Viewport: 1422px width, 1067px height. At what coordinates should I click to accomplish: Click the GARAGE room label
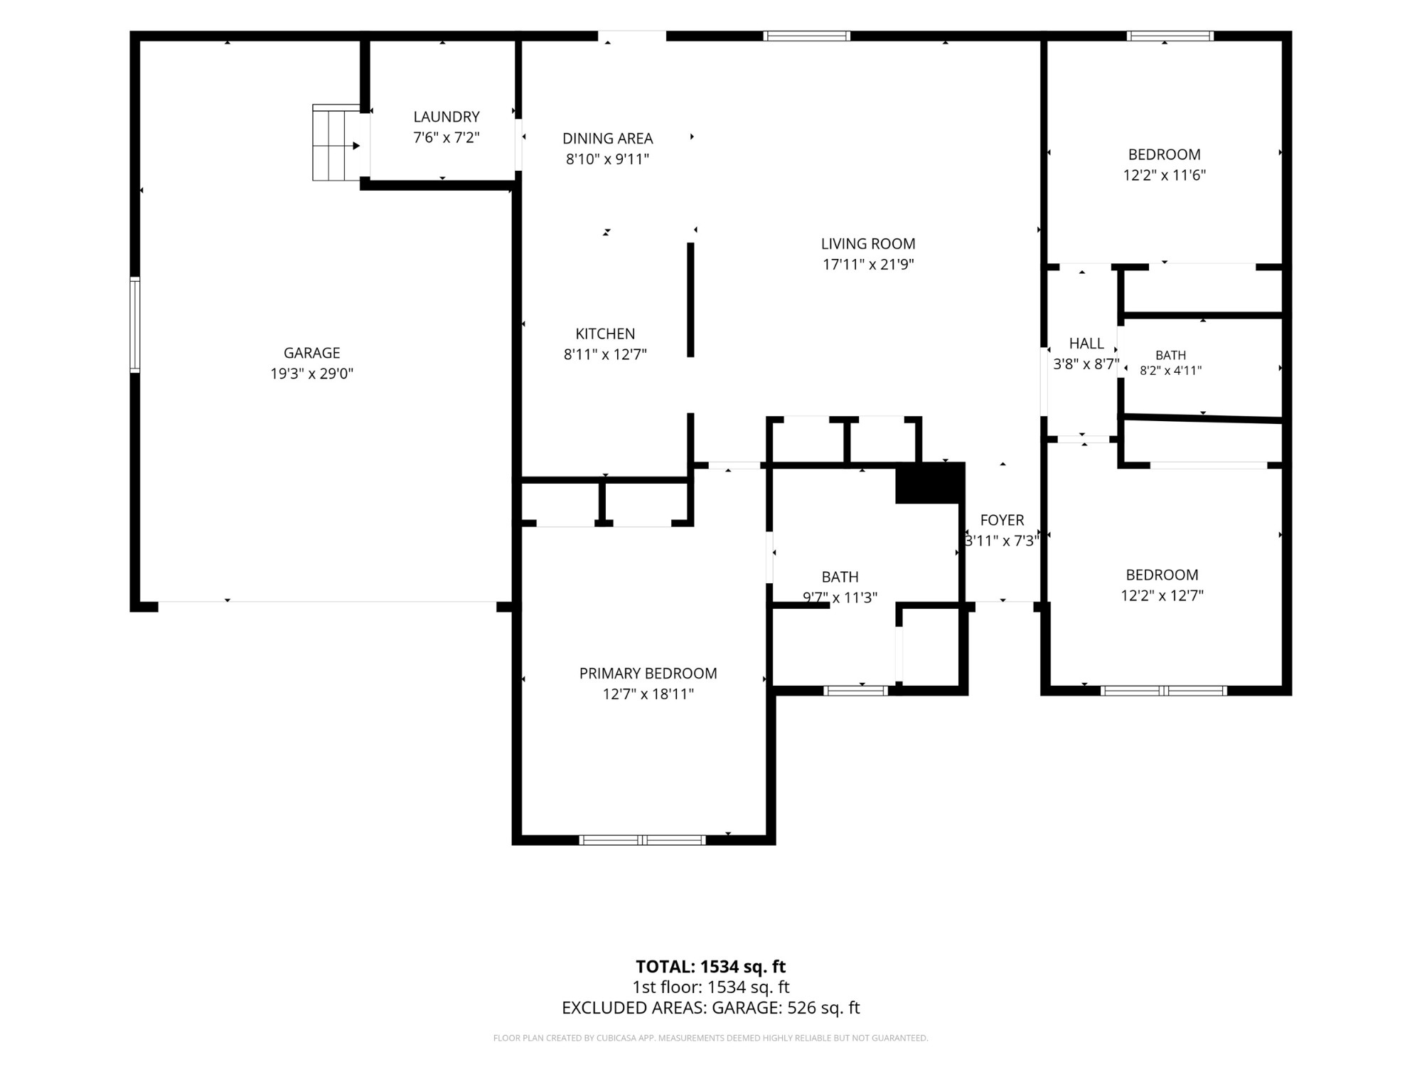point(311,353)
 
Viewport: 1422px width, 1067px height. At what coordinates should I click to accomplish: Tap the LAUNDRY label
point(447,117)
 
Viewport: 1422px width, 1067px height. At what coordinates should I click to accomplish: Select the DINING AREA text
point(607,139)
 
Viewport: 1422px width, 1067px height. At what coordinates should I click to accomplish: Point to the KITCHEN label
point(605,334)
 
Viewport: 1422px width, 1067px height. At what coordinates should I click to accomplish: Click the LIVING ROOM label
point(868,244)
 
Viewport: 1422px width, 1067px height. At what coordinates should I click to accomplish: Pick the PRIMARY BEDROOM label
point(648,674)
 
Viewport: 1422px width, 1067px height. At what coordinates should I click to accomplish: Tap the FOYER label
point(1002,520)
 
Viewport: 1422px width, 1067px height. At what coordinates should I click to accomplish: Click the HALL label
point(1086,344)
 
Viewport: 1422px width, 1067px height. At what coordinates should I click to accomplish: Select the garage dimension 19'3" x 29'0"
point(311,373)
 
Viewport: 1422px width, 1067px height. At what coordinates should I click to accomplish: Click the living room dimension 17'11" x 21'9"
point(868,265)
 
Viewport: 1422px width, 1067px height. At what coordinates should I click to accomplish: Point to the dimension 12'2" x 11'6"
point(1165,175)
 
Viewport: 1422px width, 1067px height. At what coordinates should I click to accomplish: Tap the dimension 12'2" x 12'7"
point(1162,595)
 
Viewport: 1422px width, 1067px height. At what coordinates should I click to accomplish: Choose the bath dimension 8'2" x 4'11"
point(1170,371)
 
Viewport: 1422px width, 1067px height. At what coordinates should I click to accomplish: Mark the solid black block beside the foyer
point(929,483)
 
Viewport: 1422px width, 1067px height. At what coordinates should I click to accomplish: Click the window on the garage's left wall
point(134,324)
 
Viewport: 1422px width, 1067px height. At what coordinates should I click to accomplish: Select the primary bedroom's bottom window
point(642,840)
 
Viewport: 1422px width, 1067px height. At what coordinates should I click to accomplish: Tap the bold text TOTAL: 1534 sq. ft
point(710,967)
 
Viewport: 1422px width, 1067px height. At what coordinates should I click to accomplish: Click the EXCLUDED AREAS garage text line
point(710,1008)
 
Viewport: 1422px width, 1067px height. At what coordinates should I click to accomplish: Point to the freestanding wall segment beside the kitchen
point(690,300)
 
